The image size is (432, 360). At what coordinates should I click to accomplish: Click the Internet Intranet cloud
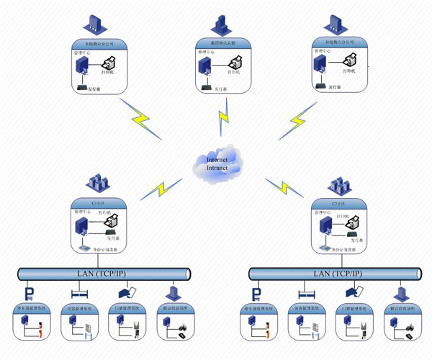(x=217, y=164)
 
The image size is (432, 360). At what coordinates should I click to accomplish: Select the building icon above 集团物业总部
(x=222, y=24)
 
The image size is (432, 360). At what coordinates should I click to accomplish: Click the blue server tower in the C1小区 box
(x=83, y=230)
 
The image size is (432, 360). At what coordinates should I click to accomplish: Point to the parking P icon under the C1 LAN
(x=29, y=294)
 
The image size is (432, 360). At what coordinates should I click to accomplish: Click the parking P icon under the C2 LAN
(x=256, y=294)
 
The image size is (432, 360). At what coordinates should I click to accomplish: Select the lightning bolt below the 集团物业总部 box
(x=222, y=115)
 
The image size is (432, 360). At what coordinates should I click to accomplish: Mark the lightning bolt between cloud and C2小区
(x=277, y=188)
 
